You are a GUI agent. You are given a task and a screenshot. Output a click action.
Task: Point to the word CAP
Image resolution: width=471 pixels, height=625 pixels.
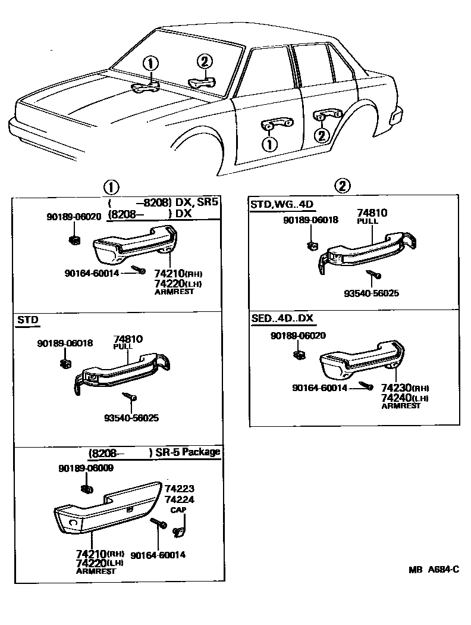tap(178, 510)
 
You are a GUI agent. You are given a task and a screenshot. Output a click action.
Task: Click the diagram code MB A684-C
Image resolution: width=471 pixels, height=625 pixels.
tap(434, 570)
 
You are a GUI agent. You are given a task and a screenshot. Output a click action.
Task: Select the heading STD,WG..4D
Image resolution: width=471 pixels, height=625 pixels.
tap(282, 205)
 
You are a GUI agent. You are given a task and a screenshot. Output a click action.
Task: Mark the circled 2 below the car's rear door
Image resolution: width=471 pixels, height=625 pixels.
tap(321, 136)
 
